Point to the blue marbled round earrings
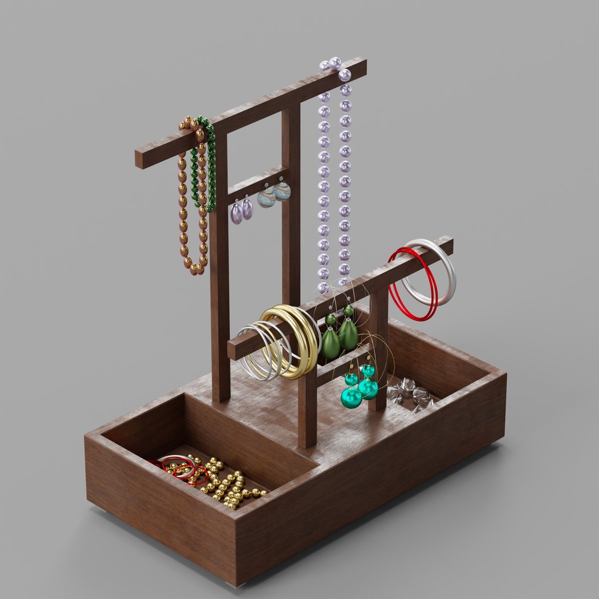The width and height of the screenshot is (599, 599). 274,195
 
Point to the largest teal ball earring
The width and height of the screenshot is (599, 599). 351,397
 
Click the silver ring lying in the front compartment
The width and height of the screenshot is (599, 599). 179,465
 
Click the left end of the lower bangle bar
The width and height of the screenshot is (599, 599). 233,351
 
